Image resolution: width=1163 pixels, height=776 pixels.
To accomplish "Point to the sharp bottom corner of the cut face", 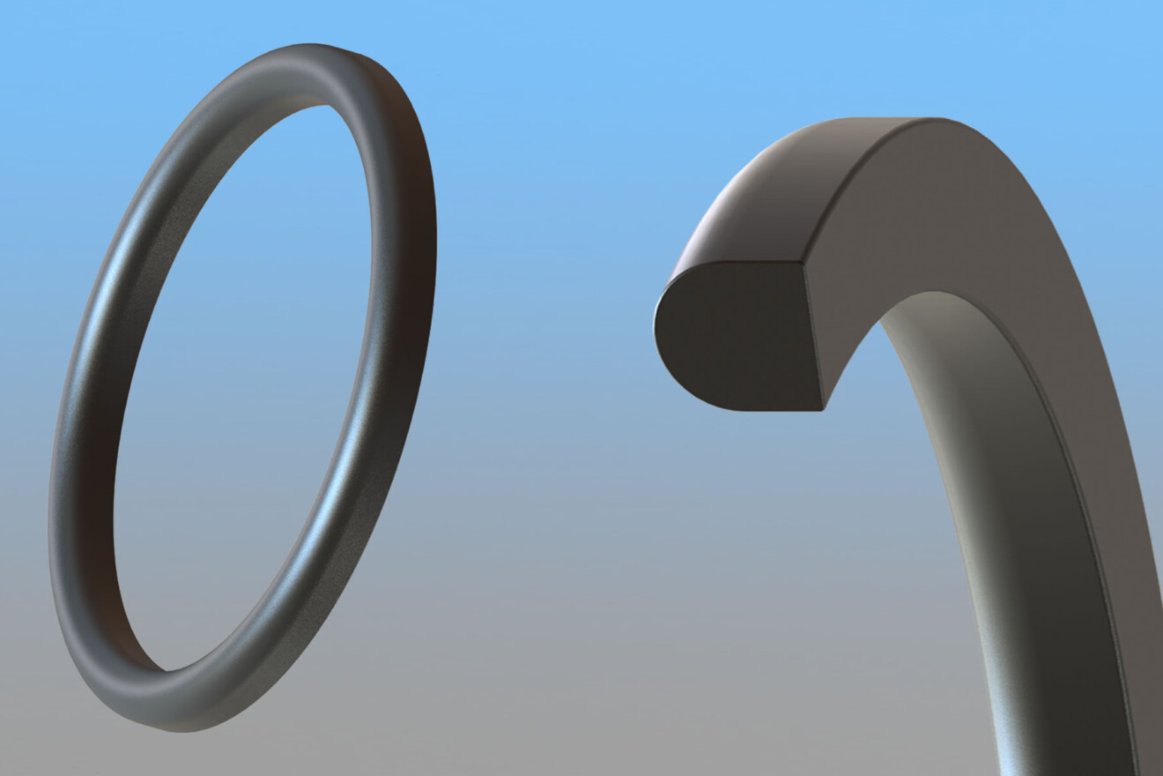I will click(x=823, y=408).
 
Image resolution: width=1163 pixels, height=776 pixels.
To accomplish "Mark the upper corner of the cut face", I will click(x=803, y=262).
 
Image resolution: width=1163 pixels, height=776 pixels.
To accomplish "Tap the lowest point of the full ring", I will click(x=167, y=728).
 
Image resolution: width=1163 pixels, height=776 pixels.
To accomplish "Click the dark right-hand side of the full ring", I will click(x=414, y=265).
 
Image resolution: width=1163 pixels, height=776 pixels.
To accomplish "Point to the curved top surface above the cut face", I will click(x=758, y=203).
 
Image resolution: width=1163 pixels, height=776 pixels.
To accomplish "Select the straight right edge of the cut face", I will click(x=813, y=335).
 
